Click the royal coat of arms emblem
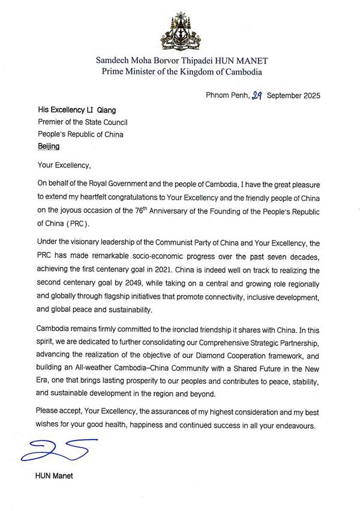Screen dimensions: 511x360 click(180, 31)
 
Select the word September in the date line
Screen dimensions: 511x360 click(286, 95)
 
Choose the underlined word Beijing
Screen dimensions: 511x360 click(49, 146)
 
